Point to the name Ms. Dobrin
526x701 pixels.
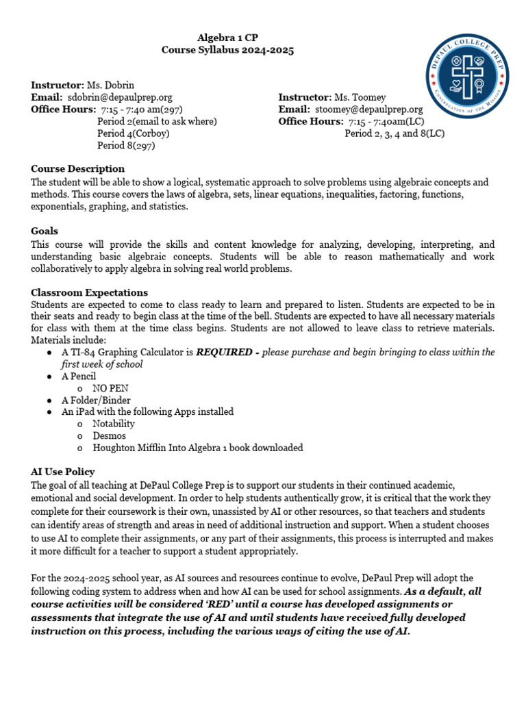[110, 86]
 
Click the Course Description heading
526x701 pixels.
[78, 169]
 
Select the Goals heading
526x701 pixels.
[45, 231]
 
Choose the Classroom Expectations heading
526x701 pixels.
[85, 292]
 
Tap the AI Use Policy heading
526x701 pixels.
[63, 472]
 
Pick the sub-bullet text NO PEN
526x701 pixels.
[110, 388]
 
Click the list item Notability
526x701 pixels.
[114, 424]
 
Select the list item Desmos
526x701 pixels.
[110, 435]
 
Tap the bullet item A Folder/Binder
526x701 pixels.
[96, 400]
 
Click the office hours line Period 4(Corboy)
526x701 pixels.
[134, 133]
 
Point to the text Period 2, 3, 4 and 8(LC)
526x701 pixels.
[394, 133]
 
